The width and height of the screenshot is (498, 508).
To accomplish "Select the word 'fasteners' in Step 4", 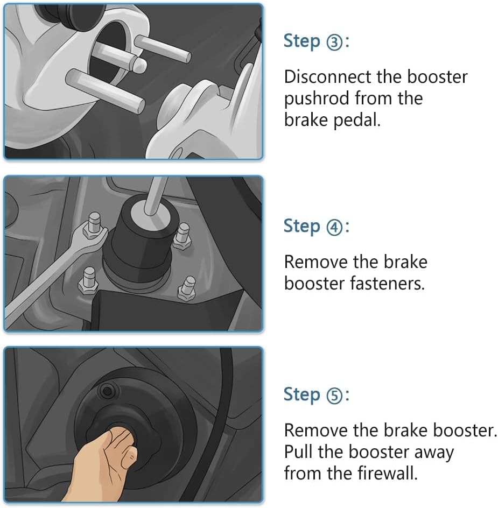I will [x=387, y=284].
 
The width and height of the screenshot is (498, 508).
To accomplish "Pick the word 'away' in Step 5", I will [x=433, y=453].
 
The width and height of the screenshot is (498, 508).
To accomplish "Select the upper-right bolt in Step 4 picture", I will [x=183, y=236].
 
